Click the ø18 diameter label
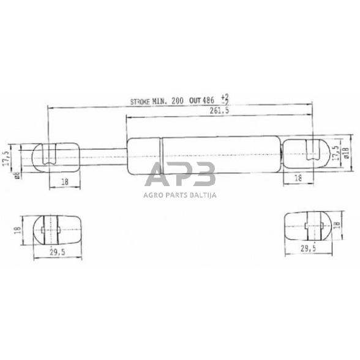pyautogui.click(x=347, y=154)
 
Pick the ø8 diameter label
pyautogui.click(x=17, y=174)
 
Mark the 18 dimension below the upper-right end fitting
pyautogui.click(x=298, y=178)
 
